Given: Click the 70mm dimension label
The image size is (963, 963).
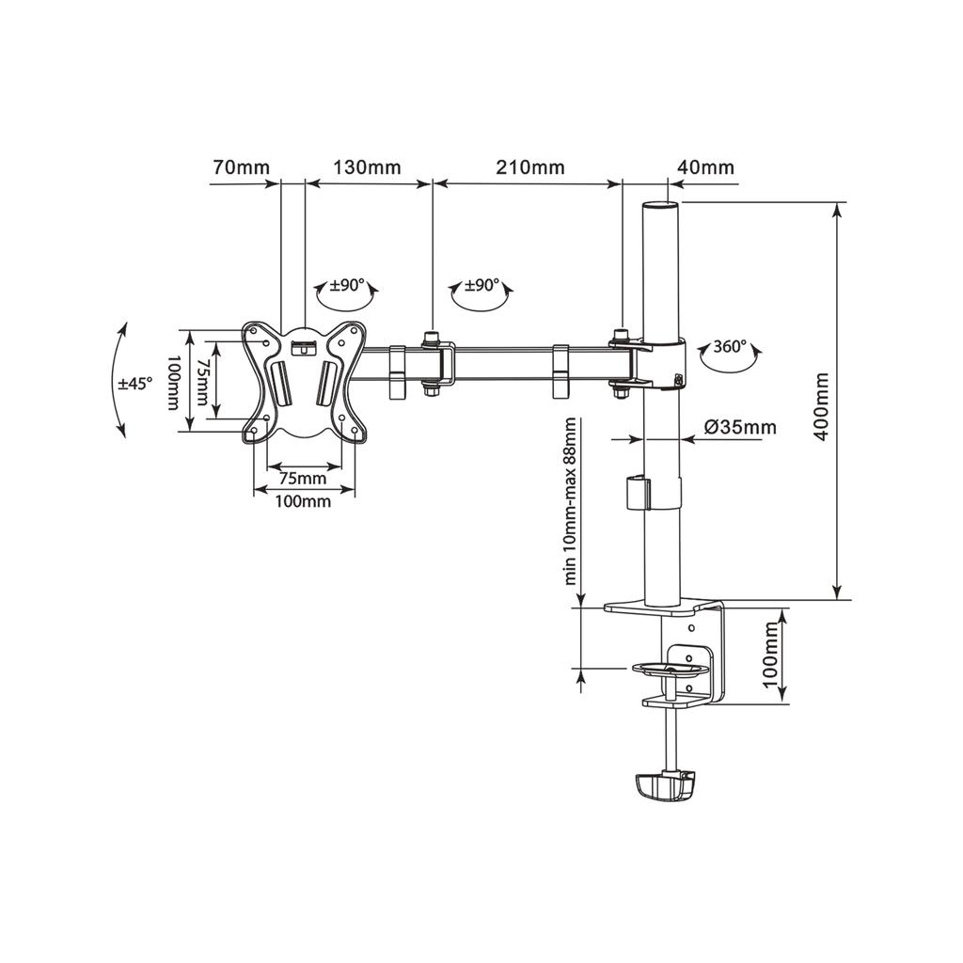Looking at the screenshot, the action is pyautogui.click(x=242, y=167).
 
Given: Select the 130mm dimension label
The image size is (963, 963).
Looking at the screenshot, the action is pyautogui.click(x=367, y=167).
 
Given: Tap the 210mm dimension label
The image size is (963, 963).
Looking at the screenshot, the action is pyautogui.click(x=530, y=167).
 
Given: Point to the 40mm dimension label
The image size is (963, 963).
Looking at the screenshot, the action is pyautogui.click(x=705, y=167).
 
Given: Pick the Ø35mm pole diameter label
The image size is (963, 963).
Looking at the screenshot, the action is pyautogui.click(x=739, y=427).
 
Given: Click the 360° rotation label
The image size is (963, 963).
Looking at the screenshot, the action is pyautogui.click(x=730, y=346).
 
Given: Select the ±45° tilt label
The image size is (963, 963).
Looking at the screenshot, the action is pyautogui.click(x=135, y=384).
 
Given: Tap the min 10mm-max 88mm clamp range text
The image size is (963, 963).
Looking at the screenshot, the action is pyautogui.click(x=571, y=501).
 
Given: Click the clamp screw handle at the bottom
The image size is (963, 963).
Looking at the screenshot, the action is pyautogui.click(x=665, y=786).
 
